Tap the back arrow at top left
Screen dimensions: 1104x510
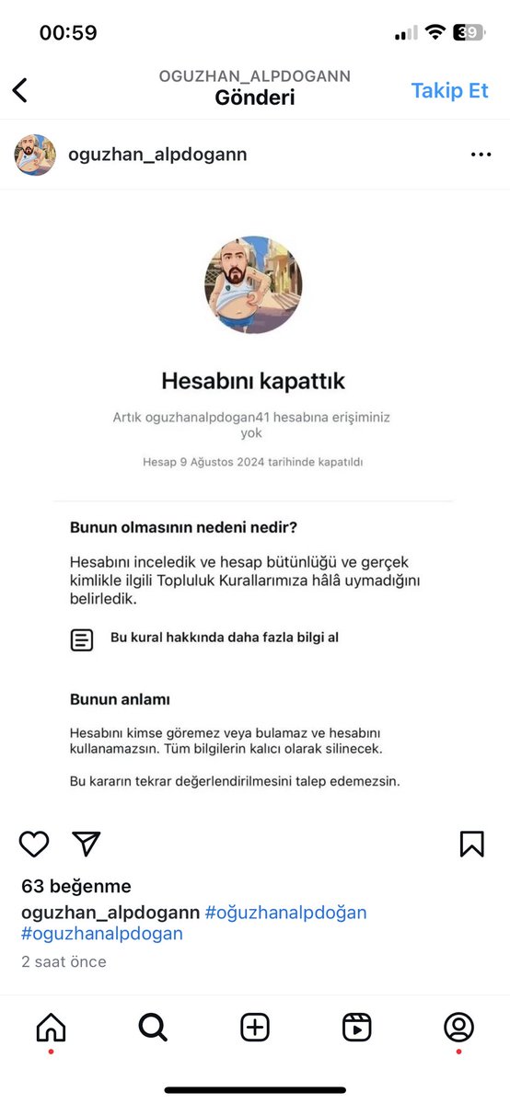[x=20, y=89]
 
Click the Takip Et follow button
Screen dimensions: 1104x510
[x=449, y=90]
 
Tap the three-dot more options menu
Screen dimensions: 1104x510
[x=481, y=155]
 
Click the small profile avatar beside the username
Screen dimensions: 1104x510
[x=35, y=155]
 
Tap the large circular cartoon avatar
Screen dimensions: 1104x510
[x=253, y=285]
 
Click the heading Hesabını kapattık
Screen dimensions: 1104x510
[x=253, y=380]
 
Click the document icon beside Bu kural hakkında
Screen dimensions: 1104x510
[x=82, y=640]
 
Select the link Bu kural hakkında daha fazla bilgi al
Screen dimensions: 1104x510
[x=225, y=637]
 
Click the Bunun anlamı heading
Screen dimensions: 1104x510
[x=120, y=699]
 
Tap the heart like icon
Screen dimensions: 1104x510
[x=34, y=844]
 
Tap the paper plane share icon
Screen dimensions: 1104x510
[x=86, y=844]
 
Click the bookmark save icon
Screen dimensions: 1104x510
[x=471, y=844]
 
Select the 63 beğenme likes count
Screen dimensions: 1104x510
[x=76, y=887]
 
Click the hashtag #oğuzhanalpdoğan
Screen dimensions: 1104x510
[x=285, y=913]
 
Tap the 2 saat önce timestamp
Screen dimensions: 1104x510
[x=64, y=961]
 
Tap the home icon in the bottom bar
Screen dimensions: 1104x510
[x=51, y=1028]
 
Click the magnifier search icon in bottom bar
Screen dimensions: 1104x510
[x=153, y=1028]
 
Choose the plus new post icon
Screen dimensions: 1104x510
[x=255, y=1028]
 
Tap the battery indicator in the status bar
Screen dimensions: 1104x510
[x=470, y=33]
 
